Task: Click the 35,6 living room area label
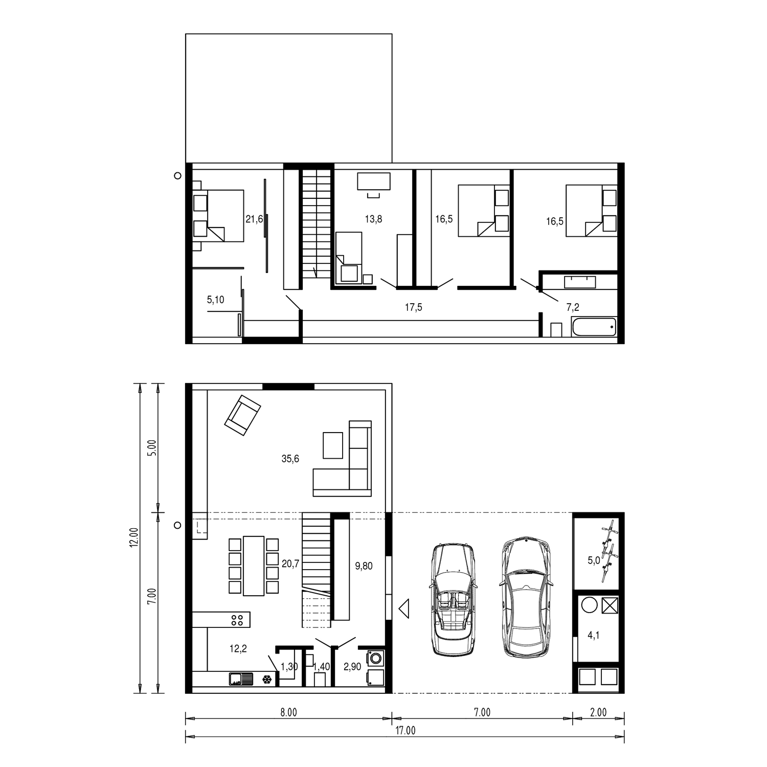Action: [290, 459]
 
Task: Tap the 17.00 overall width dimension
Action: [405, 730]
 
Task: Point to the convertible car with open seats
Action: [453, 599]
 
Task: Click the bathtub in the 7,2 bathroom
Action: [594, 327]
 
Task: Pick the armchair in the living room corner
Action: [242, 415]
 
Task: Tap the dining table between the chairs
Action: [254, 566]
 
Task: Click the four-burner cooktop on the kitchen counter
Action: [237, 620]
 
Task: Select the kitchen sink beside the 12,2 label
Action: [241, 679]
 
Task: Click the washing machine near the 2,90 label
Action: [376, 657]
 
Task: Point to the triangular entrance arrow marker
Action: [404, 608]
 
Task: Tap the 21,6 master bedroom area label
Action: [254, 219]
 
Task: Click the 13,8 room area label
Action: [373, 219]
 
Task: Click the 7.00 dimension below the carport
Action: [482, 712]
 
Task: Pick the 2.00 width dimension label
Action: [598, 712]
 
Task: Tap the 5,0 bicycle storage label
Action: [594, 560]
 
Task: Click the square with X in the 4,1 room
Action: [610, 605]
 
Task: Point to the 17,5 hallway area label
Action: [414, 307]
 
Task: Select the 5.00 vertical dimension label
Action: [152, 448]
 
